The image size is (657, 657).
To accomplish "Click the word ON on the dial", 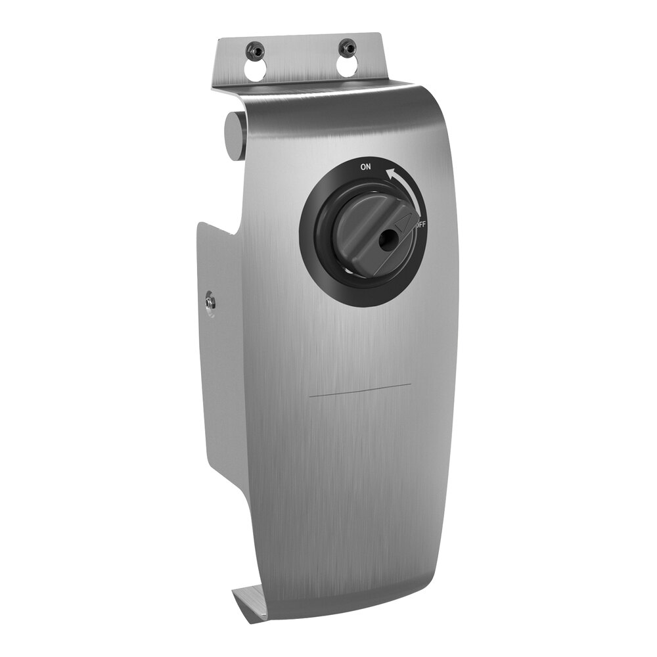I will point(365,167).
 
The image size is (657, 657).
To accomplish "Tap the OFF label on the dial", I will point(420,225).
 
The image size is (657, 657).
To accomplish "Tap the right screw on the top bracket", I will point(347,47).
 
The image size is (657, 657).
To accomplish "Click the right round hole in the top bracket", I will point(348,66).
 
